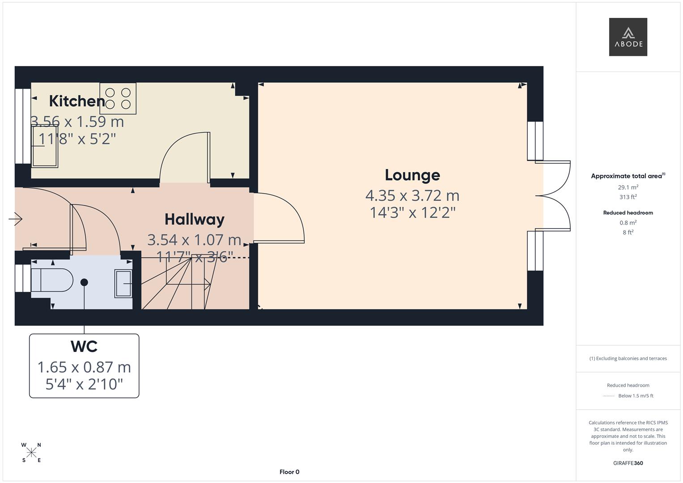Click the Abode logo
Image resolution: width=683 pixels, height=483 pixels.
pyautogui.click(x=628, y=37)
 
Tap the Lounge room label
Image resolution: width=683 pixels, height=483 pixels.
pyautogui.click(x=412, y=175)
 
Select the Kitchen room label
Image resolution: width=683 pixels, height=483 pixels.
pyautogui.click(x=77, y=101)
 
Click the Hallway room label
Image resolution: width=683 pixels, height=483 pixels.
pyautogui.click(x=194, y=219)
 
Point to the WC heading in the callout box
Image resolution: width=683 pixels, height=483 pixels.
pyautogui.click(x=84, y=347)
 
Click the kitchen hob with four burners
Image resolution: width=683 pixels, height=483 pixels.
pyautogui.click(x=118, y=98)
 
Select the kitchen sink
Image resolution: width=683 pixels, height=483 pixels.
pyautogui.click(x=44, y=147)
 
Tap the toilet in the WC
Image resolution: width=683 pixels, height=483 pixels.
pyautogui.click(x=52, y=280)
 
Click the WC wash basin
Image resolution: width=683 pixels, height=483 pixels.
pyautogui.click(x=123, y=284)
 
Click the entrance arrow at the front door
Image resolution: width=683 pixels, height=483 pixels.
pyautogui.click(x=16, y=219)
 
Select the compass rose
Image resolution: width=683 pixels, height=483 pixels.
pyautogui.click(x=31, y=453)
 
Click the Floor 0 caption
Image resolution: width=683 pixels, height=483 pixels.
pyautogui.click(x=289, y=472)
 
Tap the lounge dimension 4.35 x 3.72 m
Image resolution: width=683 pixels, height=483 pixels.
pyautogui.click(x=412, y=195)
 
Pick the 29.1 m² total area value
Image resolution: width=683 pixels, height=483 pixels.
pyautogui.click(x=628, y=187)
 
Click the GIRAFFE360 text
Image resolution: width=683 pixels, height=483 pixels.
pyautogui.click(x=628, y=463)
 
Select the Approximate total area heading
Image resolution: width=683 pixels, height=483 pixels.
pyautogui.click(x=628, y=176)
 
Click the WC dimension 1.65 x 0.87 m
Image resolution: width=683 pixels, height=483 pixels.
pyautogui.click(x=84, y=367)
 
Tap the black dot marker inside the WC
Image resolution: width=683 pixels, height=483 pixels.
pyautogui.click(x=84, y=282)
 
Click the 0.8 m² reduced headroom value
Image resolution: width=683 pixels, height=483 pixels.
pyautogui.click(x=628, y=223)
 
